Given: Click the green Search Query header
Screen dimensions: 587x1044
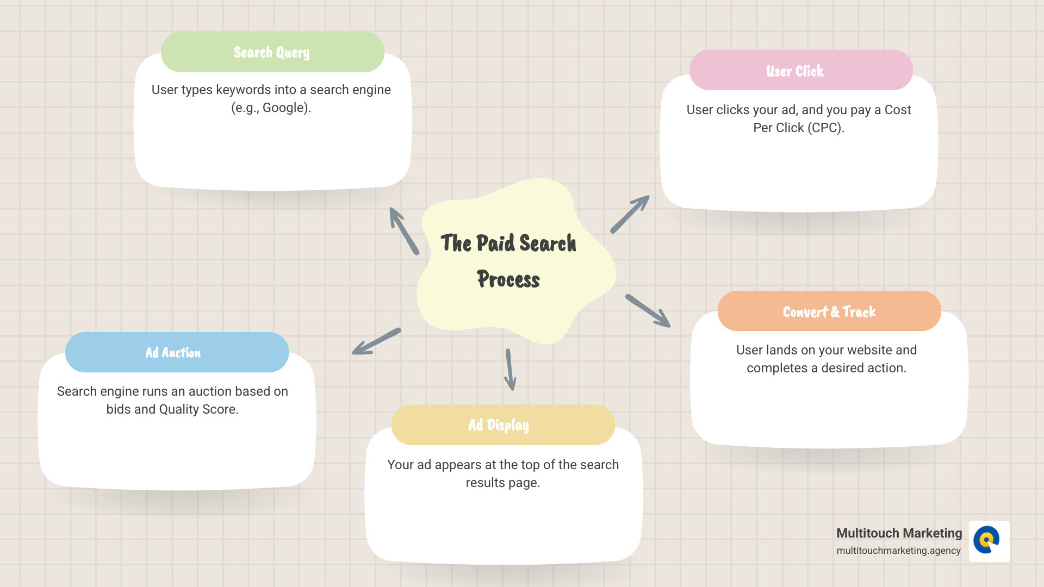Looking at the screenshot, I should (272, 52).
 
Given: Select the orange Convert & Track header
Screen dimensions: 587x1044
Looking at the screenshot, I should (829, 311).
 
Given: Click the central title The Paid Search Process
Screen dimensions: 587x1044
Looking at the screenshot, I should (509, 261).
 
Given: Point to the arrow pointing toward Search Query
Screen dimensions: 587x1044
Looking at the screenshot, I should (404, 231).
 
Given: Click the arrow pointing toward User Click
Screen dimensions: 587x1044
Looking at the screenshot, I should (630, 214).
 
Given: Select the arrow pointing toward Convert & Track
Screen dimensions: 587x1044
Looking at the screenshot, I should (648, 311).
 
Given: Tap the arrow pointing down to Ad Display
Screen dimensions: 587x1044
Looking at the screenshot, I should (510, 370).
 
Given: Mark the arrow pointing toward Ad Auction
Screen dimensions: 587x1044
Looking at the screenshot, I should (376, 341).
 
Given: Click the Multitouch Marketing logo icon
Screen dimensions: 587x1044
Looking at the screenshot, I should (989, 541).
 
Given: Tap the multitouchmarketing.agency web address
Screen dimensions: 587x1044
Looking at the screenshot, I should (898, 551).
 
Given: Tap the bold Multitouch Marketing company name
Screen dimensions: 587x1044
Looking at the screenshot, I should (899, 533).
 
